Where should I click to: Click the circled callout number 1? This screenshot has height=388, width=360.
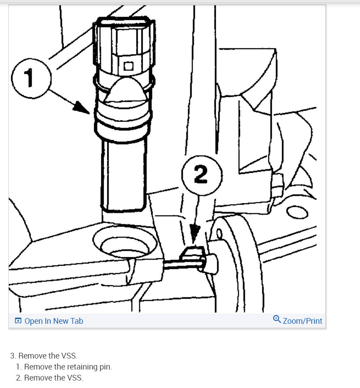point(29,78)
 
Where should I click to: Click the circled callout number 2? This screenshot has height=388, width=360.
point(200,175)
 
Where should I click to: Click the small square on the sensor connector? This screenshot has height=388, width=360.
point(128,66)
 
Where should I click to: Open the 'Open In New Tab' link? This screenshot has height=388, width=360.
point(54,321)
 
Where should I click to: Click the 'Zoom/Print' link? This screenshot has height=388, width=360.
point(302,321)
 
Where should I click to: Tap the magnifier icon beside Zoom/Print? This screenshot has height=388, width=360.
point(277,319)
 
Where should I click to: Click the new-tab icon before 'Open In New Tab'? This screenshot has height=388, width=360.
point(18,321)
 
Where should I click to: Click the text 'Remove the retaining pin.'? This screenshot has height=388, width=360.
point(68,366)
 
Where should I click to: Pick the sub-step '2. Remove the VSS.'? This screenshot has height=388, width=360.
point(49,377)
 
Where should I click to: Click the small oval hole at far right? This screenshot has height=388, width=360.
point(293,213)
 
